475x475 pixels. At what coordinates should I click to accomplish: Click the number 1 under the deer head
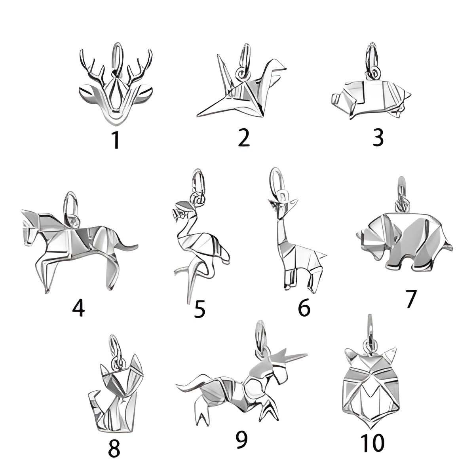click(116, 140)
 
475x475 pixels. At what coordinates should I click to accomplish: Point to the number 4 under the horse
click(79, 309)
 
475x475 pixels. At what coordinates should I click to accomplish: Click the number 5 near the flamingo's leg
click(199, 309)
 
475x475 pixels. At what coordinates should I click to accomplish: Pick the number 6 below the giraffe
click(304, 308)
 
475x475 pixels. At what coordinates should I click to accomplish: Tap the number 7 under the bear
click(410, 299)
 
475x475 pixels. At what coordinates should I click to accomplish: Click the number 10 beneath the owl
click(372, 443)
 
